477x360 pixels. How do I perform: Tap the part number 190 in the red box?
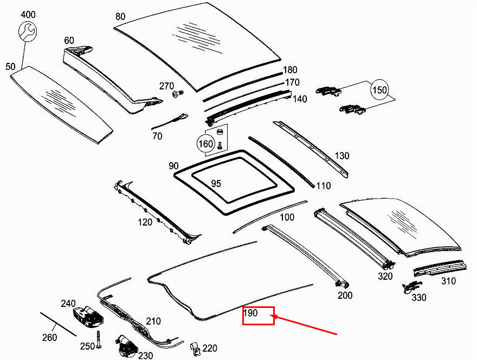click(x=251, y=313)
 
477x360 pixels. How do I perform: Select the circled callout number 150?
click(x=380, y=89)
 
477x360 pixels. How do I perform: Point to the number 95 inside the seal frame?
click(x=216, y=184)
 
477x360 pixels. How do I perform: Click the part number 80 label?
click(x=120, y=17)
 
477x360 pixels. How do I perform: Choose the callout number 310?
click(x=448, y=281)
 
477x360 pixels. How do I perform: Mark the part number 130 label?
click(x=342, y=156)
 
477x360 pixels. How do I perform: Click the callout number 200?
click(x=345, y=295)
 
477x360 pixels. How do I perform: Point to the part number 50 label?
click(x=10, y=67)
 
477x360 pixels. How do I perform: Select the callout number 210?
click(x=153, y=322)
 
